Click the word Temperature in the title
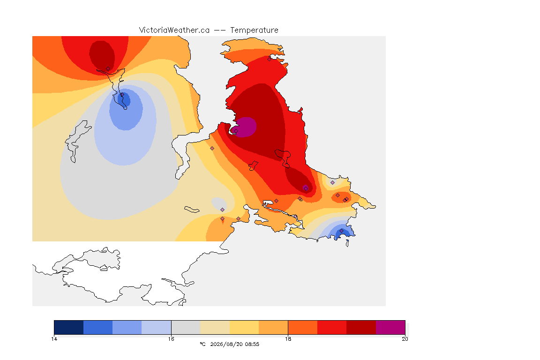pos(254,30)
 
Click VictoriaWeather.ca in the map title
pos(174,30)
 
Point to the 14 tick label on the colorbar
pos(54,339)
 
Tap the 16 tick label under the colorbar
pos(171,339)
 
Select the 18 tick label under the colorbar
pos(288,339)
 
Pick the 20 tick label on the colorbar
pos(405,339)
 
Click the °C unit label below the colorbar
pos(202,344)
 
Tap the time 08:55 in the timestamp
pos(252,344)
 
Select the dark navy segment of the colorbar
pos(69,327)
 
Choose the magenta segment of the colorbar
pos(390,327)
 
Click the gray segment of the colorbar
pos(186,327)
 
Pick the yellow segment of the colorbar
pos(244,327)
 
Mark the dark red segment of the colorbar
pos(361,327)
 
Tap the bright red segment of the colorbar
pos(332,327)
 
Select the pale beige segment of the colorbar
pos(215,327)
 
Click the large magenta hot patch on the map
pos(246,127)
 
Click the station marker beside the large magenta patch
pos(236,131)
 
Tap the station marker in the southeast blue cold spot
pos(341,231)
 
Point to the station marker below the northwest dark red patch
pos(108,69)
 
